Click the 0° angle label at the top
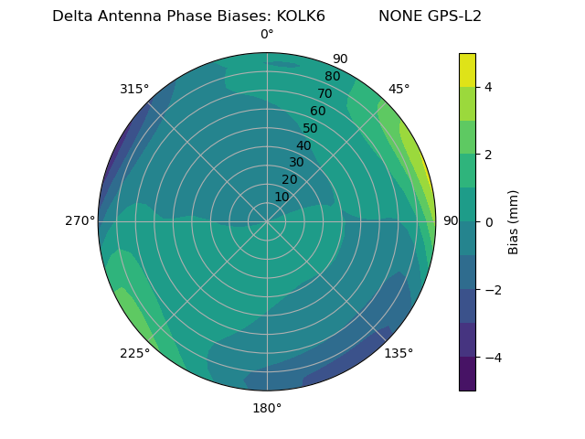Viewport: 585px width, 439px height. click(x=267, y=35)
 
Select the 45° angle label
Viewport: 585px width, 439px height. click(x=399, y=89)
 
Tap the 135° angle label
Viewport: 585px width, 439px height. click(x=399, y=353)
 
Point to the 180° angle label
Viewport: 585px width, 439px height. click(x=267, y=408)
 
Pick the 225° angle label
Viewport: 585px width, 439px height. click(x=134, y=354)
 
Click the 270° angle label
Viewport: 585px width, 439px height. click(x=80, y=221)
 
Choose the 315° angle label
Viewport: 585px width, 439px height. click(x=134, y=89)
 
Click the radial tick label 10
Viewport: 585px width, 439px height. click(x=282, y=197)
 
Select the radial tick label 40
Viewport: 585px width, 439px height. click(x=303, y=145)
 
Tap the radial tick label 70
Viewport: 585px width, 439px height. click(x=324, y=94)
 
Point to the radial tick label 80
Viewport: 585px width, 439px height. click(x=332, y=77)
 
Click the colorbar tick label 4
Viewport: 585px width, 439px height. click(x=488, y=87)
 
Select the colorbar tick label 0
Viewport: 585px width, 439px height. click(x=488, y=222)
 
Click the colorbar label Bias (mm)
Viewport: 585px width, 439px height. click(x=514, y=222)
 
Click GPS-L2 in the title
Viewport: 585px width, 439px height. click(x=450, y=16)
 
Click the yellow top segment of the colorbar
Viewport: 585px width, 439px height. click(x=467, y=70)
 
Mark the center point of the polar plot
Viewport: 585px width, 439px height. click(x=267, y=221)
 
